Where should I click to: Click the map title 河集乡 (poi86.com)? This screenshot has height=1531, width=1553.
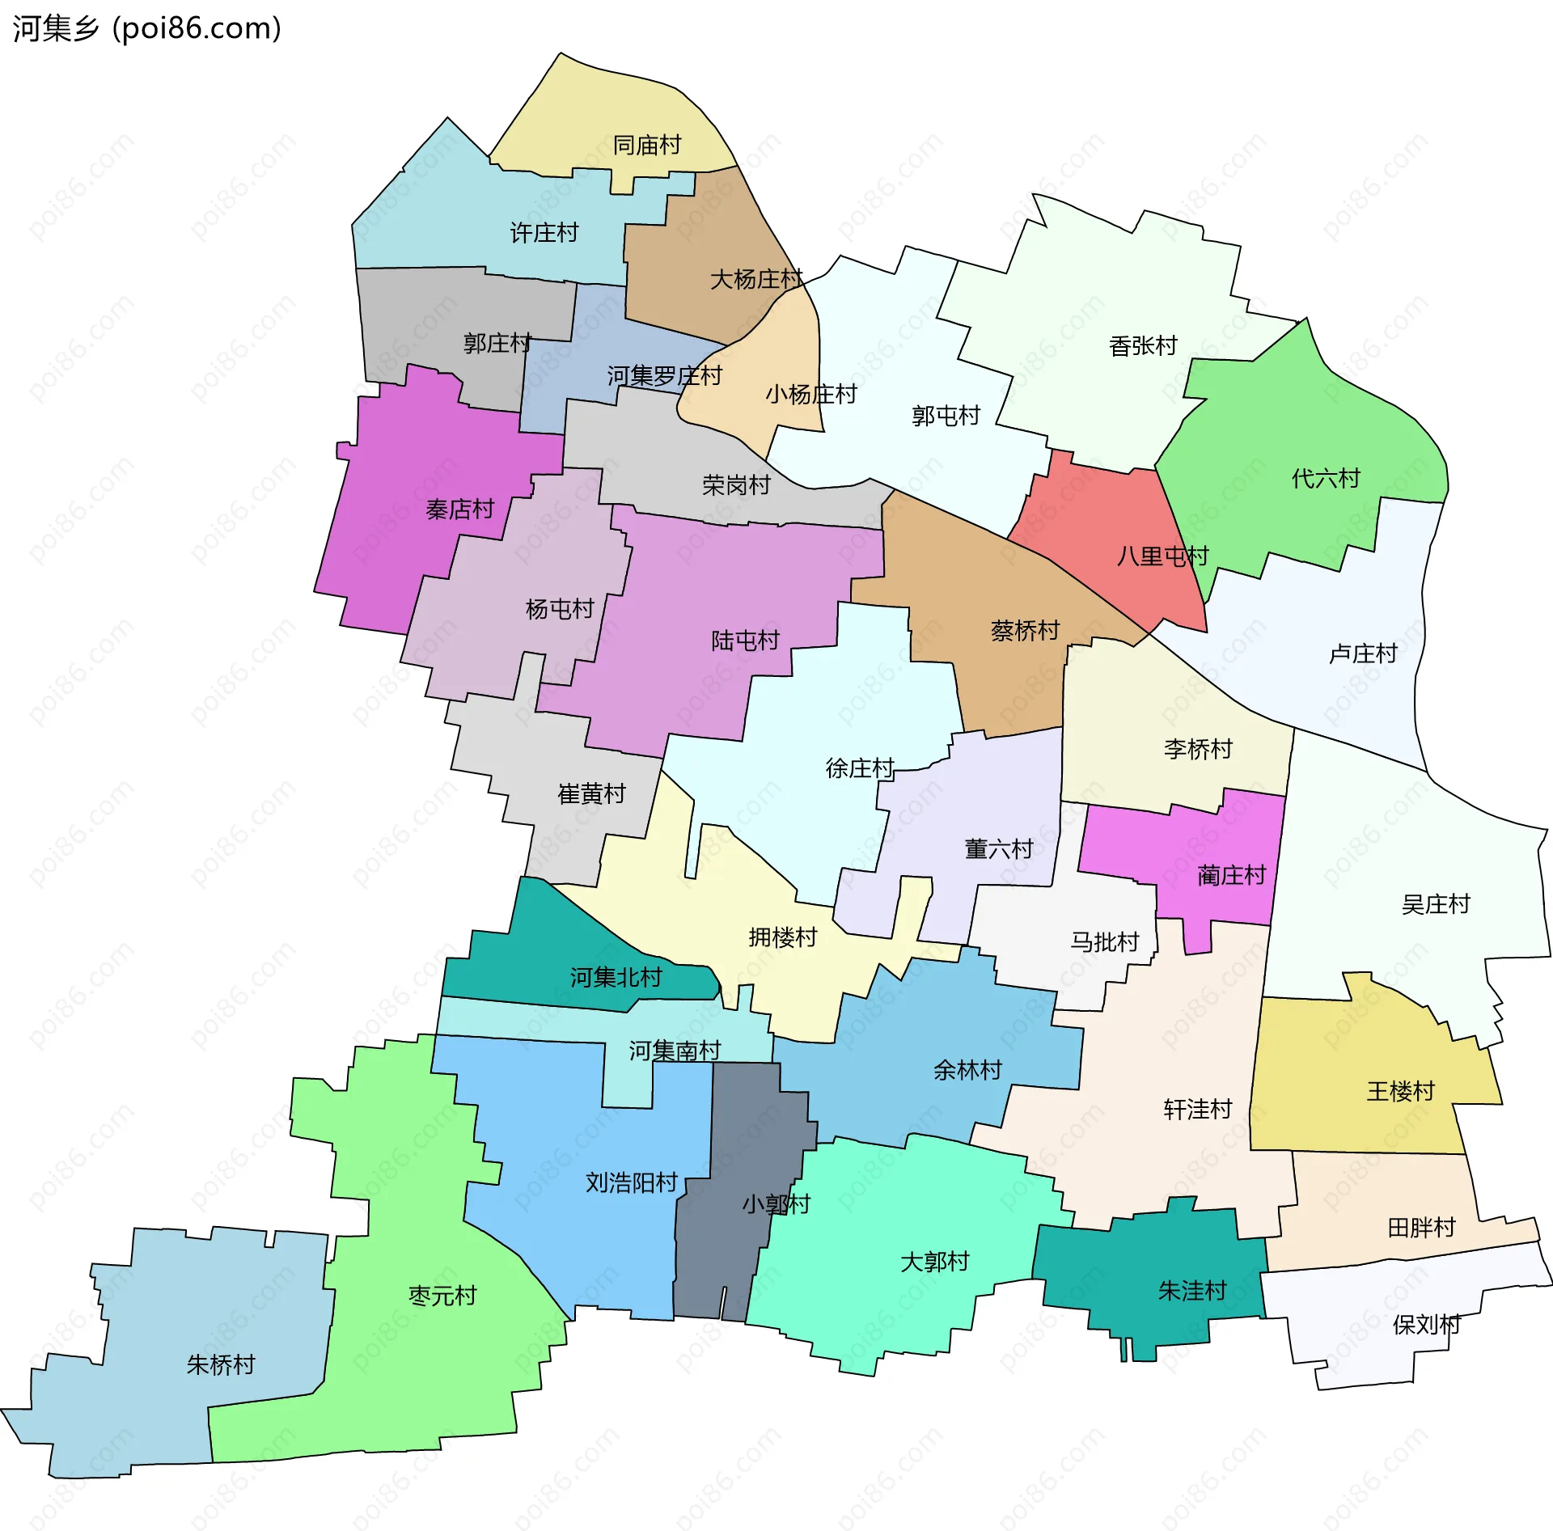(x=147, y=28)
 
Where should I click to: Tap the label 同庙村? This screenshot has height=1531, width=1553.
(x=646, y=146)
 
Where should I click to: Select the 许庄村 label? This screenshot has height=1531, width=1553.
(x=544, y=233)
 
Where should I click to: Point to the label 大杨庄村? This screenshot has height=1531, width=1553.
(x=755, y=280)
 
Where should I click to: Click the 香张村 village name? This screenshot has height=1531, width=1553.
(x=1142, y=346)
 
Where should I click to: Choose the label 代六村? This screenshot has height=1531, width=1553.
(x=1325, y=479)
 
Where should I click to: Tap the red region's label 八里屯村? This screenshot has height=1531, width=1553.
(x=1162, y=556)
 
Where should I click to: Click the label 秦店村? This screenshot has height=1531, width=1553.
(x=459, y=510)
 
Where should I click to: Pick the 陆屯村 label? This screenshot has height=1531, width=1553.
(x=744, y=641)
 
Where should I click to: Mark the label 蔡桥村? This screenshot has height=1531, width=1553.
(x=1024, y=631)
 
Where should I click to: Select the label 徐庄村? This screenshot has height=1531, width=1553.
(x=859, y=768)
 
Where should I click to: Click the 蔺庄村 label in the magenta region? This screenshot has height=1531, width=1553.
(x=1231, y=875)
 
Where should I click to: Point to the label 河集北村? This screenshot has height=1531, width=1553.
(x=616, y=978)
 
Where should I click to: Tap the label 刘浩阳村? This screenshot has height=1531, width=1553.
(x=631, y=1183)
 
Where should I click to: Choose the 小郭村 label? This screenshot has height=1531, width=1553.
(x=776, y=1204)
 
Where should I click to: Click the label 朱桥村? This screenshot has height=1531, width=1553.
(x=220, y=1365)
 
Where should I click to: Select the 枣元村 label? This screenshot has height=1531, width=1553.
(x=442, y=1296)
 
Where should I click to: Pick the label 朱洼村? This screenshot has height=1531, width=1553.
(x=1191, y=1291)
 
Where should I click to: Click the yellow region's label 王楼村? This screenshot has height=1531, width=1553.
(x=1400, y=1092)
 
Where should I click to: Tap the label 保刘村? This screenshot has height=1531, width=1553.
(x=1426, y=1325)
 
